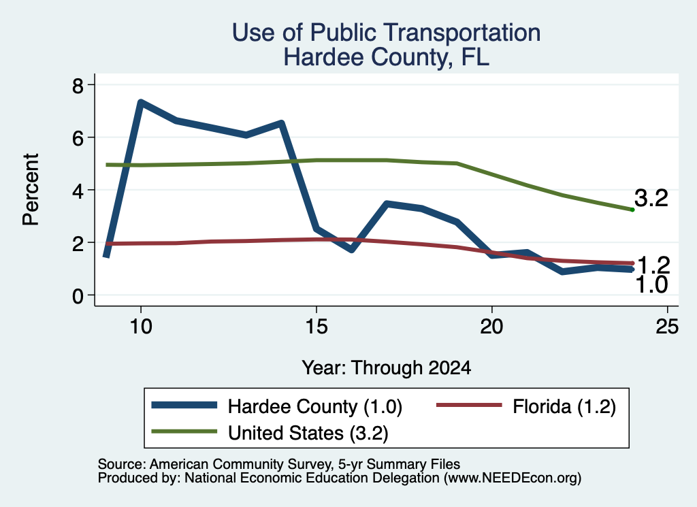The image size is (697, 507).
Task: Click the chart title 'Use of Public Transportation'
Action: [x=387, y=33]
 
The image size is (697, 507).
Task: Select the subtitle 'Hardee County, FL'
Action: [x=387, y=57]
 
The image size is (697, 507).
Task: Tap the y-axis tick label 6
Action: [x=78, y=137]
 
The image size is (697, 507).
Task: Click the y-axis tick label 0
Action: [x=78, y=295]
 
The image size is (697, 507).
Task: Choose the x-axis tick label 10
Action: [x=141, y=327]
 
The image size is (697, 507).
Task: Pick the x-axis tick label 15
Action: [x=317, y=327]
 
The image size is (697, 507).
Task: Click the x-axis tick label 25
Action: [x=667, y=327]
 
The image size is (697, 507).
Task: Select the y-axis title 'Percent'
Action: [x=31, y=190]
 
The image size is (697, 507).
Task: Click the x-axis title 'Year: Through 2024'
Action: [x=387, y=368]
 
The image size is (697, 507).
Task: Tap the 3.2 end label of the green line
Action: [x=651, y=198]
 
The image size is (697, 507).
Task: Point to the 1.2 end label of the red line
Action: [x=653, y=265]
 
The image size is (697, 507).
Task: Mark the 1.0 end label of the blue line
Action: [x=651, y=285]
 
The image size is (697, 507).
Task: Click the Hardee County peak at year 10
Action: [x=141, y=103]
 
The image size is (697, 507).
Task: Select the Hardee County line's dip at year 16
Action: [x=352, y=249]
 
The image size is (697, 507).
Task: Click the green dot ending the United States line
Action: [x=632, y=210]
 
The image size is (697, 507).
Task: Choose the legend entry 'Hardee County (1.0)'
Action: [x=276, y=406]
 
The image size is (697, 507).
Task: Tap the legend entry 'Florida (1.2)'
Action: [x=526, y=406]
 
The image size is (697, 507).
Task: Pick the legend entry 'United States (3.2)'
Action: [x=270, y=433]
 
